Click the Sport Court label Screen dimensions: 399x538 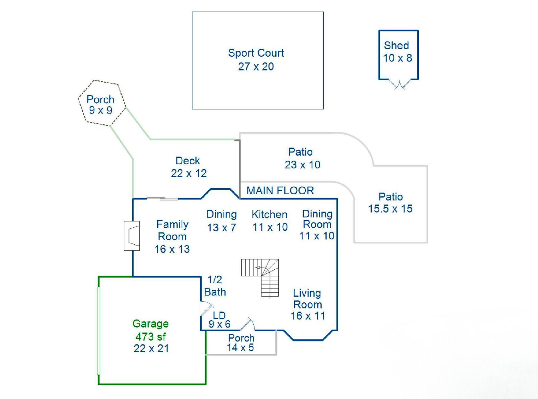[x=256, y=60]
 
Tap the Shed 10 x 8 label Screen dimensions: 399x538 [x=397, y=52]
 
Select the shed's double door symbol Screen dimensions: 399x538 [x=399, y=84]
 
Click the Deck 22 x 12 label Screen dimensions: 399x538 [x=189, y=167]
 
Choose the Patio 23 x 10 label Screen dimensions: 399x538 [x=302, y=158]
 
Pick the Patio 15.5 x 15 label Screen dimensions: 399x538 [x=390, y=203]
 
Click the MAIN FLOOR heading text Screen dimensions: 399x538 [x=280, y=191]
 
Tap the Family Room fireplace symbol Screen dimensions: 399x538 [x=132, y=236]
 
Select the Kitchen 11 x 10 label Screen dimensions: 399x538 [x=270, y=221]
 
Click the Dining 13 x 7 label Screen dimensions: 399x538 [x=222, y=221]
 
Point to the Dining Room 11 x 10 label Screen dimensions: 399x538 [x=317, y=225]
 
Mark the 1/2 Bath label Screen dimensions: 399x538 [x=215, y=286]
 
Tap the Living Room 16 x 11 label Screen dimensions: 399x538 [x=307, y=304]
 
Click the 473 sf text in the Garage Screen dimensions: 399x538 [x=150, y=336]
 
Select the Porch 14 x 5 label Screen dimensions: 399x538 [x=241, y=343]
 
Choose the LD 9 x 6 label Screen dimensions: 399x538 [x=219, y=320]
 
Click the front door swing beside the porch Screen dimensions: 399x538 [x=248, y=324]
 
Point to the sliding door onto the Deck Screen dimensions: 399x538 [x=163, y=199]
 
